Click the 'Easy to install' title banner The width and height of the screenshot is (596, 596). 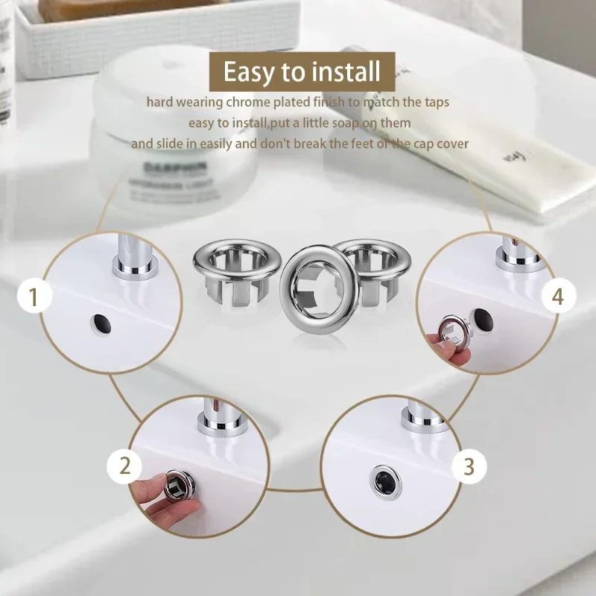[x=302, y=72]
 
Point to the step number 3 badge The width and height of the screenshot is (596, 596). [x=469, y=466]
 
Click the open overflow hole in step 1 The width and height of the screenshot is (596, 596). [x=100, y=322]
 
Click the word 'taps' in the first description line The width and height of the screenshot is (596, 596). [x=435, y=101]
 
